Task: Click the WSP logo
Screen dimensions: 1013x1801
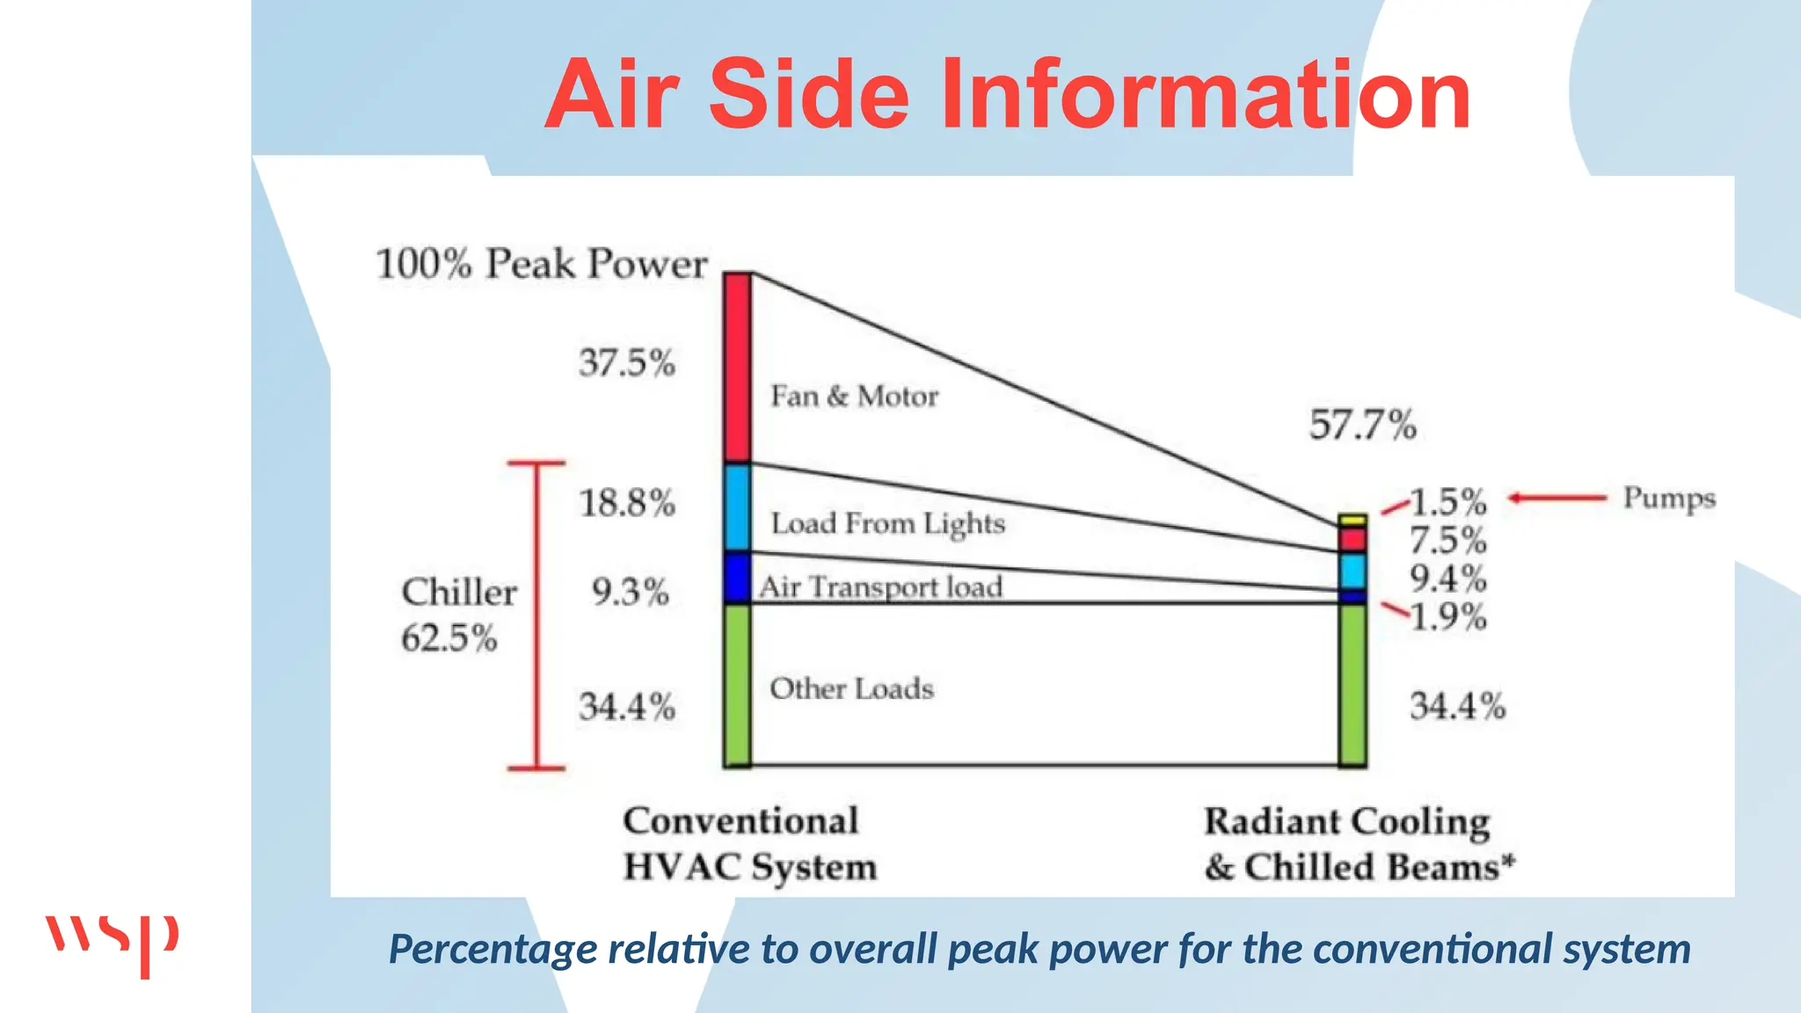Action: coord(112,944)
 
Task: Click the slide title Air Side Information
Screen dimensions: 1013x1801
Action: coord(1008,94)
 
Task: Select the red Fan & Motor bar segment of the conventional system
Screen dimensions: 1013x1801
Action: coord(737,368)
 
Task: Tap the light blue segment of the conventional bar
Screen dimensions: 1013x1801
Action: coord(737,507)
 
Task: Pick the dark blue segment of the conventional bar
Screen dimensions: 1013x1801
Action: coord(737,577)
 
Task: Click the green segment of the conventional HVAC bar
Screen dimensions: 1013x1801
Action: coord(737,684)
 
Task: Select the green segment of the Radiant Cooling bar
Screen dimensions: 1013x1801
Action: coord(1353,684)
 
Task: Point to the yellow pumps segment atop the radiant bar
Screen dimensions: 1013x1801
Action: coord(1353,520)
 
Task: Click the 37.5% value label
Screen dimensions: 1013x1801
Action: coord(626,362)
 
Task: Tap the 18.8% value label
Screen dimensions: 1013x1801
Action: coord(626,503)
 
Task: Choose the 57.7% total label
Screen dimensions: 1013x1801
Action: coord(1362,425)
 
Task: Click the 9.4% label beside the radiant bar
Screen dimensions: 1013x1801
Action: coord(1447,579)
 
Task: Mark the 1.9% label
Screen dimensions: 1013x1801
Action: coord(1447,617)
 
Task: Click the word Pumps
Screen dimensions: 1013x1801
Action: coord(1668,499)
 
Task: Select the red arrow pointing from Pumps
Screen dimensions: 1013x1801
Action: coord(1557,499)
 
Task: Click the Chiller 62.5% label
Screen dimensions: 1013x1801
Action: coord(457,615)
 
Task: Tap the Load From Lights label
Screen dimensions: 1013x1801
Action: coord(887,524)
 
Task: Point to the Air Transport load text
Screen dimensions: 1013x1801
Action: coord(880,587)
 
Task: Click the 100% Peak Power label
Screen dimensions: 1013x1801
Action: coord(541,264)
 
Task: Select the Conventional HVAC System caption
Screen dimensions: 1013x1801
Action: coord(749,844)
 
